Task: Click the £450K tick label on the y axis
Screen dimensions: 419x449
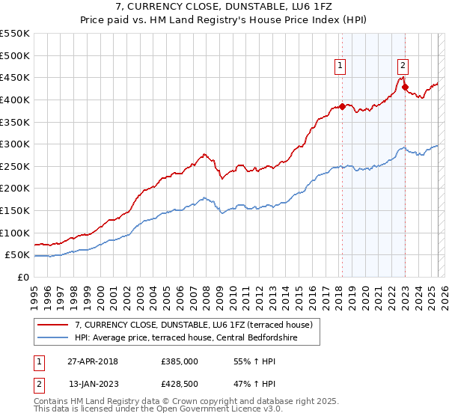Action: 15,77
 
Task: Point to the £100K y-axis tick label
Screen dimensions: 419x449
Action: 15,233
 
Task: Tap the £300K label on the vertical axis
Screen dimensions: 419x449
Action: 15,144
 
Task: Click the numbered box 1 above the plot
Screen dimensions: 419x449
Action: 340,66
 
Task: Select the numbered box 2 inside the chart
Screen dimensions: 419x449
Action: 403,66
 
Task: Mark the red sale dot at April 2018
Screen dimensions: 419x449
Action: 342,106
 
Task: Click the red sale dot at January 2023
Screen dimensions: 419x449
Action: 405,87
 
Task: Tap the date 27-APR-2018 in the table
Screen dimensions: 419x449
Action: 93,362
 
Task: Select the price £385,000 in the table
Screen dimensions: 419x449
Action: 180,362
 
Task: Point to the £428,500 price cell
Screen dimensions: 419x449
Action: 180,385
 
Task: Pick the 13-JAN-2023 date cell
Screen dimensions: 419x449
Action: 93,385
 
